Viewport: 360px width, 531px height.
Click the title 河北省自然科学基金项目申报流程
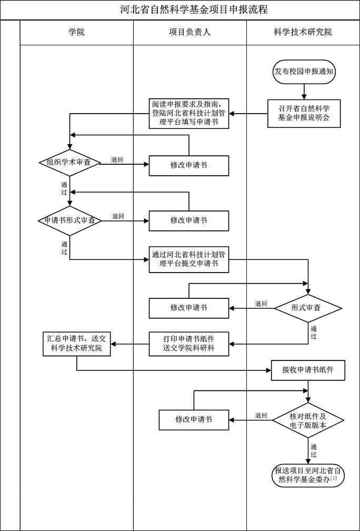[x=194, y=9]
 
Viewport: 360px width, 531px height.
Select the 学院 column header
[x=76, y=32]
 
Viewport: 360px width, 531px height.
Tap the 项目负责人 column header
[x=189, y=32]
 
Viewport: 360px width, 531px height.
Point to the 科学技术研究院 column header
[x=303, y=32]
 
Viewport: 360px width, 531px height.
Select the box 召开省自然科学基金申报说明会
[x=304, y=113]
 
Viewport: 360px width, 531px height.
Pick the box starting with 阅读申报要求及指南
[x=189, y=113]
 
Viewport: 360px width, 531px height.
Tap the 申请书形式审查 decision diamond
[x=69, y=220]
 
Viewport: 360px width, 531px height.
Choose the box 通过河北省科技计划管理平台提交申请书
[x=189, y=259]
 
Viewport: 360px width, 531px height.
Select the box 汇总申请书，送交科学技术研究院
[x=76, y=344]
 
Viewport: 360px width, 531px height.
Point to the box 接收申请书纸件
[x=309, y=370]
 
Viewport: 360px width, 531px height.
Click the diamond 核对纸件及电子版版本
[x=308, y=420]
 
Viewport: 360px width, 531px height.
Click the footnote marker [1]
[x=333, y=478]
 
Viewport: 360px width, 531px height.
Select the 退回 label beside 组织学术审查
[x=117, y=159]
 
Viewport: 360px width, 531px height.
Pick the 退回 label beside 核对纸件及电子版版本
[x=261, y=415]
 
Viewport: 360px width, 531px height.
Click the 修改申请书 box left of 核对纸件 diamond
[x=194, y=419]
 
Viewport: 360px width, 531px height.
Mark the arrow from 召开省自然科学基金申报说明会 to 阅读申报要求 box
[x=248, y=113]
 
